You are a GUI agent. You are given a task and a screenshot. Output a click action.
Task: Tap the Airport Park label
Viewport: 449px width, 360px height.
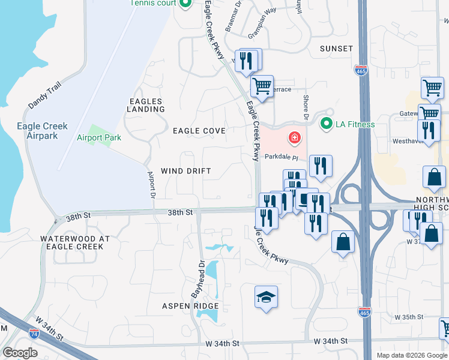(99, 137)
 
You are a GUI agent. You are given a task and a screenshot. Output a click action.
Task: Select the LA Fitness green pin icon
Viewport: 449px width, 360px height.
(327, 124)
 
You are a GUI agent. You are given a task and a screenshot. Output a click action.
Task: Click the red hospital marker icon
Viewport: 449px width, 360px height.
(294, 138)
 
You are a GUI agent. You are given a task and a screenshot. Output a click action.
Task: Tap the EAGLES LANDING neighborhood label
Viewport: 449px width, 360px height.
(146, 105)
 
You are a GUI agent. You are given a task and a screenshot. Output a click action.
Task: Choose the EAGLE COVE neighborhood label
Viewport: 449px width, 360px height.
(199, 130)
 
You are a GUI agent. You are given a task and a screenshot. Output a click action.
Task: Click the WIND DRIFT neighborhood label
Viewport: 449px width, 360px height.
(186, 171)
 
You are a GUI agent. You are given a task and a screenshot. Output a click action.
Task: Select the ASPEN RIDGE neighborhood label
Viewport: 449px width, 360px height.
(190, 305)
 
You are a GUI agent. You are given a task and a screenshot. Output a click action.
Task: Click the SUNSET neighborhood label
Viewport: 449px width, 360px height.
(336, 48)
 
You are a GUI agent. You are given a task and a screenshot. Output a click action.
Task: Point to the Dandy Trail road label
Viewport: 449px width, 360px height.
(44, 95)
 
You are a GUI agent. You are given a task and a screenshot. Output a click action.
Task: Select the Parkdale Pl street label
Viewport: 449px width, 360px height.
(282, 156)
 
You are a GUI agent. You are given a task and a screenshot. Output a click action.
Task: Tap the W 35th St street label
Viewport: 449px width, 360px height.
(409, 316)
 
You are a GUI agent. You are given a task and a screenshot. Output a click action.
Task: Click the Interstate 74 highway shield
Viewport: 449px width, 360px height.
(34, 333)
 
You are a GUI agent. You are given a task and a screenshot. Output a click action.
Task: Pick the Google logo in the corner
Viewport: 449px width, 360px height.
(20, 353)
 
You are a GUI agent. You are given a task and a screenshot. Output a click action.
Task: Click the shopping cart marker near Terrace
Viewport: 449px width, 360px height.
(262, 87)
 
